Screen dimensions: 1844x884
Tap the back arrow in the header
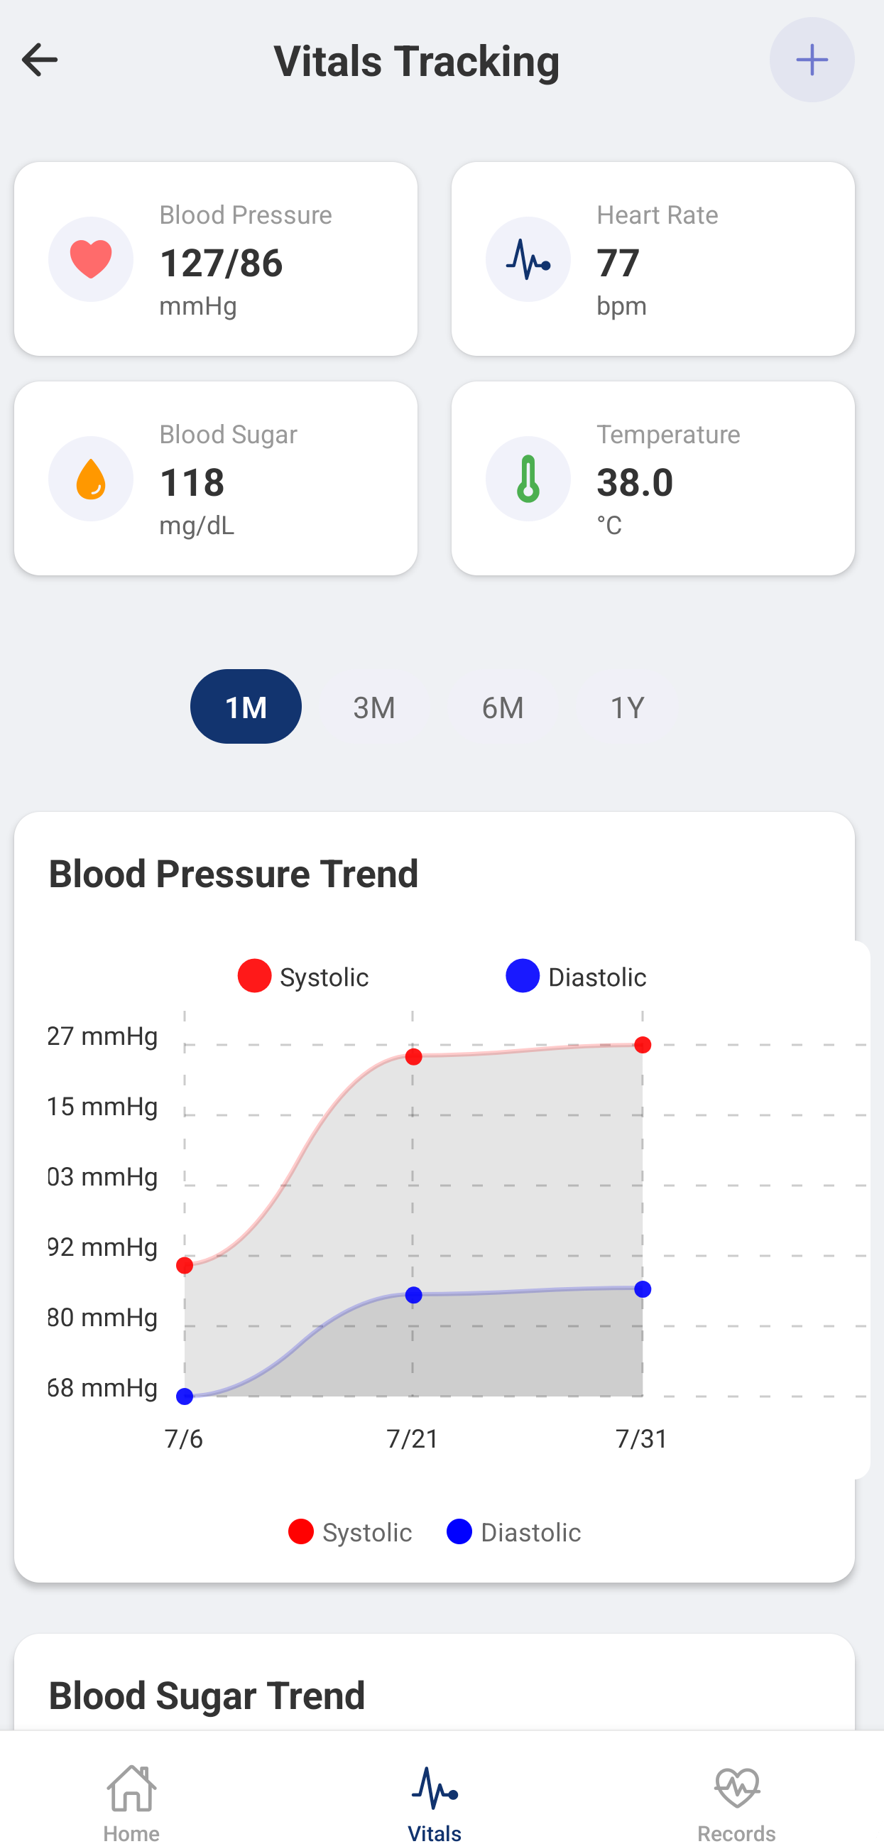tap(39, 60)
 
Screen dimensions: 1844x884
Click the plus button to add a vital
tap(811, 60)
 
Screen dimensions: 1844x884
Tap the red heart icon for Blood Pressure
tap(91, 259)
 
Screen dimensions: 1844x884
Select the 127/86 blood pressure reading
tap(222, 263)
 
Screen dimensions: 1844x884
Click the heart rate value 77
tap(618, 263)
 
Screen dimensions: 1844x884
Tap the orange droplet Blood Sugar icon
tap(91, 479)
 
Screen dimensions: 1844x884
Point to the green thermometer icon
tap(528, 479)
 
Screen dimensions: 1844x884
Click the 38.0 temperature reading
tap(635, 482)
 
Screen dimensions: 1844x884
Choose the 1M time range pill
tap(246, 707)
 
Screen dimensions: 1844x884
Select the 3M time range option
tap(373, 707)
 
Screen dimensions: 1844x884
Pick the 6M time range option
tap(503, 707)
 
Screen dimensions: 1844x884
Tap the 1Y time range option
tap(627, 707)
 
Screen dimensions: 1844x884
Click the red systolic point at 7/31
tap(643, 1045)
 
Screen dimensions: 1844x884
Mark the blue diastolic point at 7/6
tap(185, 1396)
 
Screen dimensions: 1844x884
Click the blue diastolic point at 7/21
tap(414, 1295)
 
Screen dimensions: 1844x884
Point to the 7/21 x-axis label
tap(413, 1438)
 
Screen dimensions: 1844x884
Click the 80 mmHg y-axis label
tap(102, 1317)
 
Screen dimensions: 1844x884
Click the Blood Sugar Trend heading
tap(207, 1694)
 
